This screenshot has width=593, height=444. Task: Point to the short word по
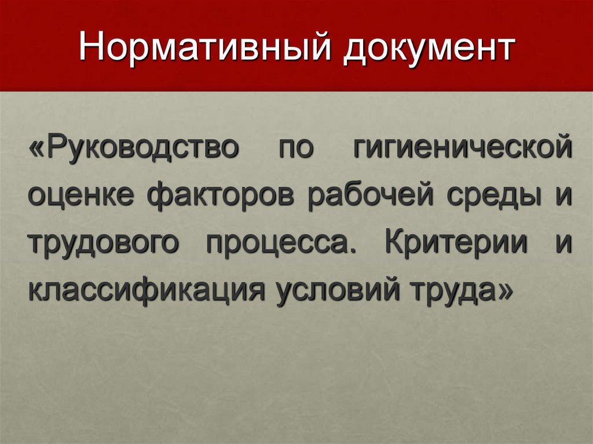tap(295, 148)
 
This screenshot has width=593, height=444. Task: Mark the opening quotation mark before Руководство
tap(37, 148)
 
